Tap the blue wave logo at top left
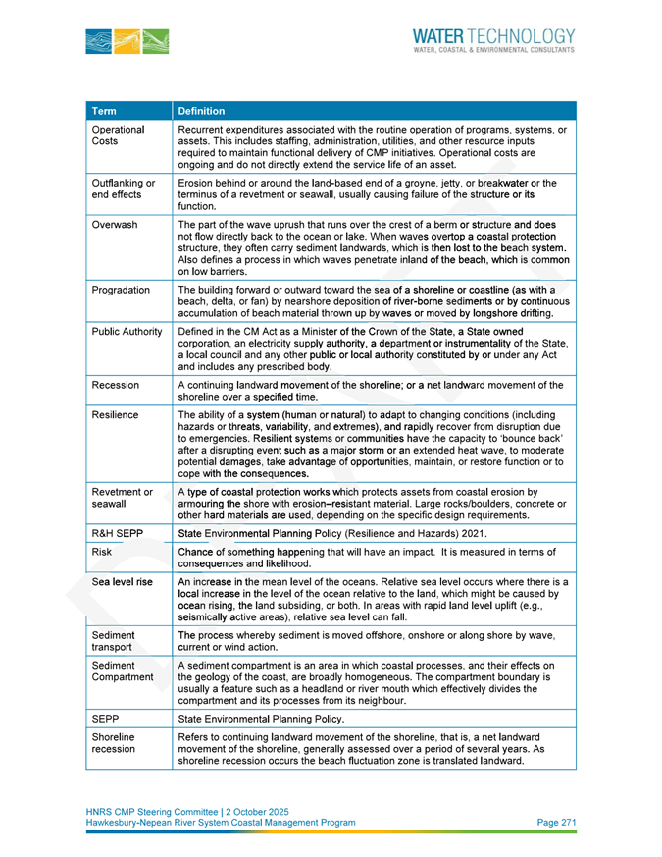coord(127,41)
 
